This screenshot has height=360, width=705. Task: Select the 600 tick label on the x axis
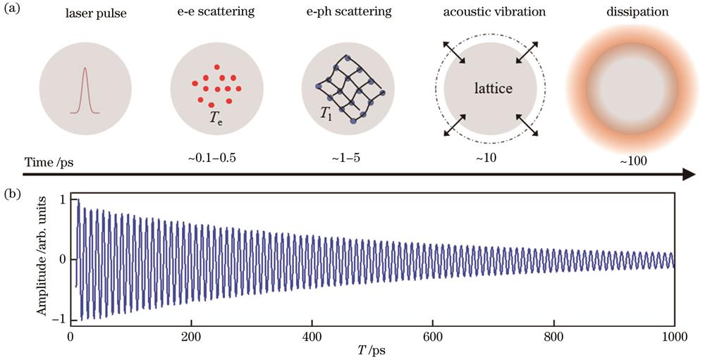coord(433,337)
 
